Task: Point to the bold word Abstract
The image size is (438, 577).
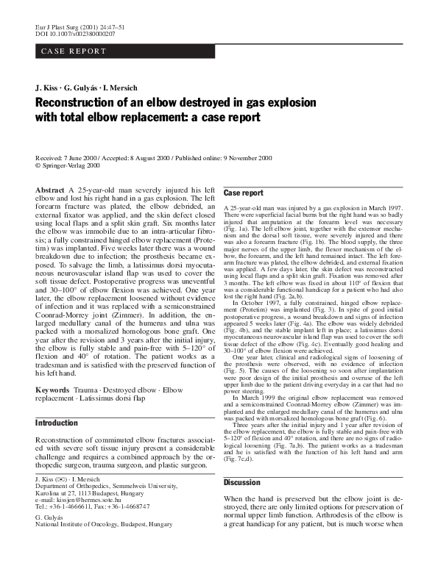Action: pos(50,190)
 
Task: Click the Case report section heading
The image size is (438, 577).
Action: pos(244,193)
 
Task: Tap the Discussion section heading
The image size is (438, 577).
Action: pos(244,483)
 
